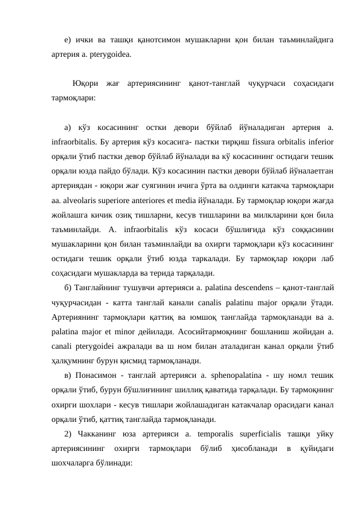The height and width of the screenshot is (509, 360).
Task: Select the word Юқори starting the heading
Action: (85, 82)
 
